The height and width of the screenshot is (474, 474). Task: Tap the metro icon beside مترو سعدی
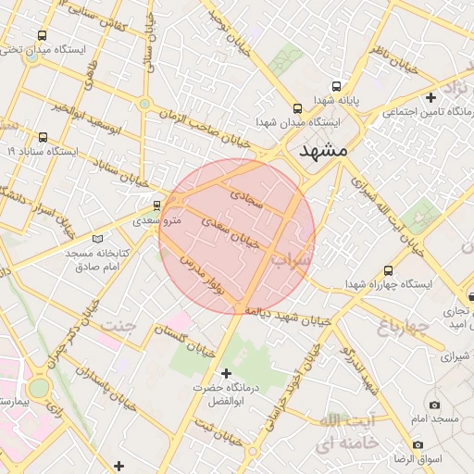pos(156,205)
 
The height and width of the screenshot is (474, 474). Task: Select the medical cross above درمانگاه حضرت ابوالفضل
pos(226,372)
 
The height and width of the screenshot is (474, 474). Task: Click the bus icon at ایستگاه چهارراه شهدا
pos(387,271)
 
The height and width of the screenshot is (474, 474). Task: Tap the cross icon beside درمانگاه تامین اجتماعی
pos(430,97)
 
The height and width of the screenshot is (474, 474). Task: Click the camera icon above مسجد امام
pos(434,405)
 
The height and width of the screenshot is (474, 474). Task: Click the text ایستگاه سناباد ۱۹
pos(46,150)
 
